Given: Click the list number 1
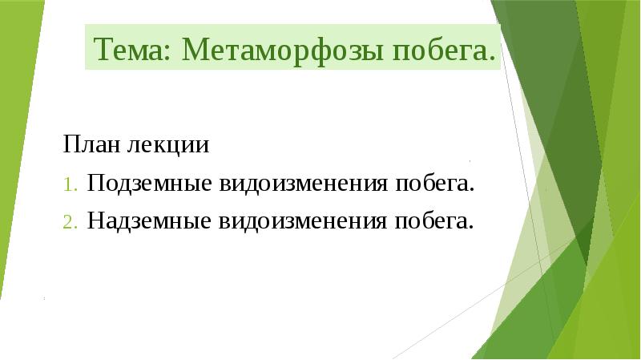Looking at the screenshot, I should (x=70, y=184).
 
